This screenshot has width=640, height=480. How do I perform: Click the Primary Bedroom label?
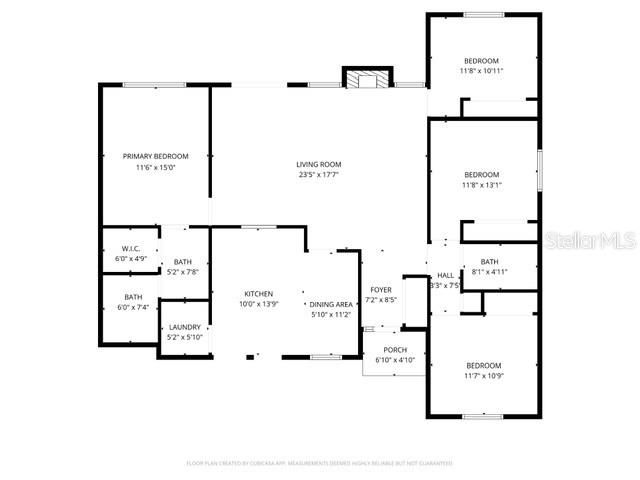155,156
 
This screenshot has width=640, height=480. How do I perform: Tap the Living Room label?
318,164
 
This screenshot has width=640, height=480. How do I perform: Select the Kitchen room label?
258,294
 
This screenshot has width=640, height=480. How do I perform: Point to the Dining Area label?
330,304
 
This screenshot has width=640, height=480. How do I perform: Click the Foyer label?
381,289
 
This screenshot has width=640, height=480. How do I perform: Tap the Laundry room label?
185,327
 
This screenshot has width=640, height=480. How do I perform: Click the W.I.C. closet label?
131,248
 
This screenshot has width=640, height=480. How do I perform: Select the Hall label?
444,275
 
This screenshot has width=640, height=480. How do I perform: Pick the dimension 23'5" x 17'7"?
318,175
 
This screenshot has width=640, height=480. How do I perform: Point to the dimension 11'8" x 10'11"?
481,71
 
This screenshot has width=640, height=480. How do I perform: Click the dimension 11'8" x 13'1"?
481,184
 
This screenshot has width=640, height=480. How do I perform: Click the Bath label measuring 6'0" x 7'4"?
133,297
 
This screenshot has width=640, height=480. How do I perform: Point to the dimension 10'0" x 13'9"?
258,304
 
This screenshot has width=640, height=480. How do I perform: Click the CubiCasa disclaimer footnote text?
319,463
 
